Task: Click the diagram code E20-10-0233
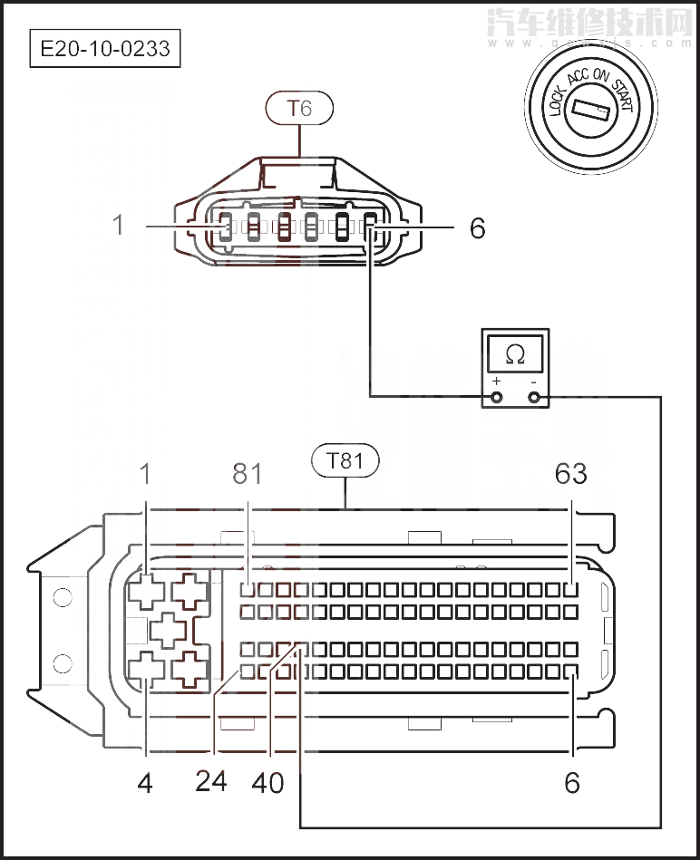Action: point(104,48)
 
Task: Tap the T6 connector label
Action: point(299,109)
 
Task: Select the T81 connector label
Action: point(345,460)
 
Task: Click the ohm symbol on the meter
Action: point(515,354)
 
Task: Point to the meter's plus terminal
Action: point(497,396)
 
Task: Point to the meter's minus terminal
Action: point(533,396)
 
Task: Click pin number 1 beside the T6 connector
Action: point(118,225)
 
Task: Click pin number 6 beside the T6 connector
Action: point(477,227)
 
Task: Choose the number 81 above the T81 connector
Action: point(247,473)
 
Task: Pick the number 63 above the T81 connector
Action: point(570,473)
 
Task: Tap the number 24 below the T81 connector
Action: point(211,780)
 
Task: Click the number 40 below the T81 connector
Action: point(269,781)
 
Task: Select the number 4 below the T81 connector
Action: point(145,782)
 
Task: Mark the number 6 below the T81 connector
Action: point(571,782)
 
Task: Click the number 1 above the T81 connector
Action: point(145,473)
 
